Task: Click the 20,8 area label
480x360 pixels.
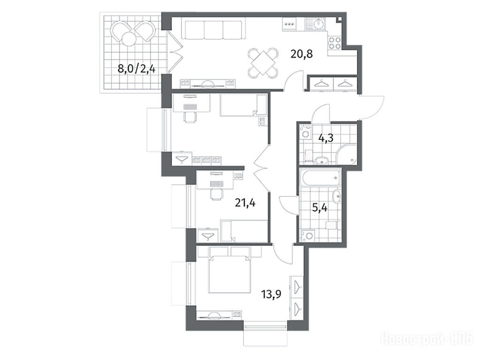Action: pos(301,55)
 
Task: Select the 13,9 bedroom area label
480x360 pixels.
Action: pos(271,294)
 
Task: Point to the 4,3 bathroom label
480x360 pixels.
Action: pos(326,138)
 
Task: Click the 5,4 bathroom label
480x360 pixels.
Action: pos(319,208)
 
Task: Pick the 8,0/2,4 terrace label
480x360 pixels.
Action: pos(136,69)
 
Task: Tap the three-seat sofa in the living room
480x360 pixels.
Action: pos(213,30)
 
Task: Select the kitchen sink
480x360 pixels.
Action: pos(316,24)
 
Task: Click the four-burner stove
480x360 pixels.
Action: pos(334,43)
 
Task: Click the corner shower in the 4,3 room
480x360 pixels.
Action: pos(347,154)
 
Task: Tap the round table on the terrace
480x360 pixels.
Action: pos(128,39)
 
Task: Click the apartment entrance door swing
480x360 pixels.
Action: pos(372,107)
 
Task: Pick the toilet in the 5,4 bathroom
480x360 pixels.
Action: pos(331,225)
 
